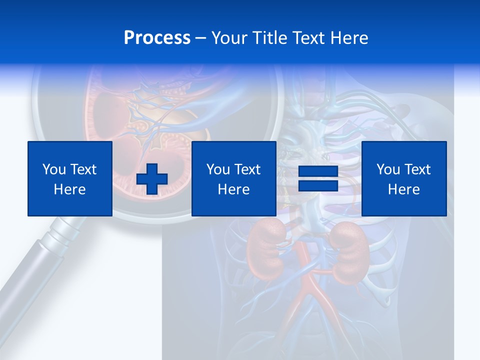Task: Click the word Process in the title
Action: point(157,38)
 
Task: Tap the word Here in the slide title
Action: point(349,38)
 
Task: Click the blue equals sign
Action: point(318,178)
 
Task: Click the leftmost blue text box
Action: point(70,178)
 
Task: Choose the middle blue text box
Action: point(233,178)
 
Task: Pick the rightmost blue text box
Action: point(403,178)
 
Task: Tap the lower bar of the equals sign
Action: point(318,185)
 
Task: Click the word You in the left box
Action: point(53,169)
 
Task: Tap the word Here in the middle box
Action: point(233,189)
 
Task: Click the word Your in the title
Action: point(229,38)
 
